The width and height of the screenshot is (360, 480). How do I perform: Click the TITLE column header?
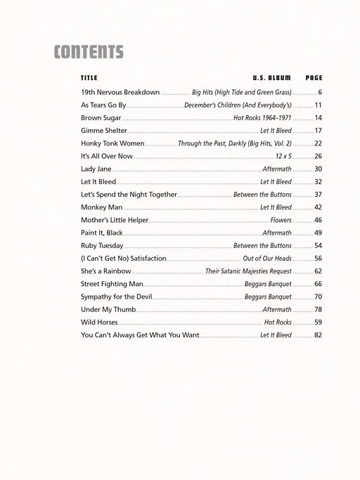[x=89, y=77]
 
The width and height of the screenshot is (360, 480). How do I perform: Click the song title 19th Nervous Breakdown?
[x=120, y=93]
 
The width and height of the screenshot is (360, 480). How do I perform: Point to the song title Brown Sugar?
[x=101, y=118]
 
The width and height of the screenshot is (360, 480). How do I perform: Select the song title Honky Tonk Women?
[x=112, y=143]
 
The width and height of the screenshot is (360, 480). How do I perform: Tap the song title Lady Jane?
[x=96, y=169]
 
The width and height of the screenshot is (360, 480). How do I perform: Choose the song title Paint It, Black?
[x=102, y=233]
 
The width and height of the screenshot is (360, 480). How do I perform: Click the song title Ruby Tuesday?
[x=102, y=246]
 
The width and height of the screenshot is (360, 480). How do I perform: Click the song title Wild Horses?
[x=100, y=323]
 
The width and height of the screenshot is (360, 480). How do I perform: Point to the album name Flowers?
[x=281, y=220]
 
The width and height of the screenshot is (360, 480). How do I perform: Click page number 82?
[x=318, y=335]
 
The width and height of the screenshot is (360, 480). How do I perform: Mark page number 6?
[x=319, y=93]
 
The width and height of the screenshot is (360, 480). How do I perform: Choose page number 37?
[x=318, y=195]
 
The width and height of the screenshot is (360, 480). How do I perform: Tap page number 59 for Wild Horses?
[x=318, y=323]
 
